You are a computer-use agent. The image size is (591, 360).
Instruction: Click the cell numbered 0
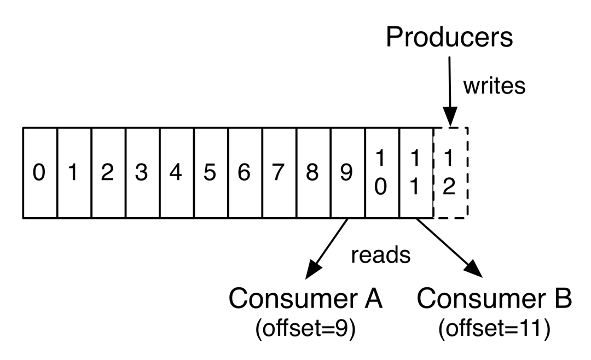(x=39, y=173)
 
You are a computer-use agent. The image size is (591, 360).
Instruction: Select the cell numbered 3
(x=142, y=173)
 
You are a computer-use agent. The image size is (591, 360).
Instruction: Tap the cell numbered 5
(x=211, y=173)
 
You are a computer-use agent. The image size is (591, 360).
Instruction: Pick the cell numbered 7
(x=279, y=173)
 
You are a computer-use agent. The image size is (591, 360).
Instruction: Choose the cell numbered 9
(x=347, y=173)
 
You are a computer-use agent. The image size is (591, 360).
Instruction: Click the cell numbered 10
(x=382, y=173)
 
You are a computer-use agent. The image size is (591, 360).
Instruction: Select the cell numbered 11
(x=416, y=173)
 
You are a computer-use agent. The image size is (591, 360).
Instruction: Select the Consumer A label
(x=306, y=299)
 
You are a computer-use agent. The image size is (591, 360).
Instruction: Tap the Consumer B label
(x=495, y=299)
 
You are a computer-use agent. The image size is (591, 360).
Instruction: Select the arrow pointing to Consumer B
(x=449, y=246)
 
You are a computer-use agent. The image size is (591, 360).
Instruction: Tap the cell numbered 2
(x=108, y=173)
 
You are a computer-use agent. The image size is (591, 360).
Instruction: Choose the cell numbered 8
(x=313, y=173)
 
